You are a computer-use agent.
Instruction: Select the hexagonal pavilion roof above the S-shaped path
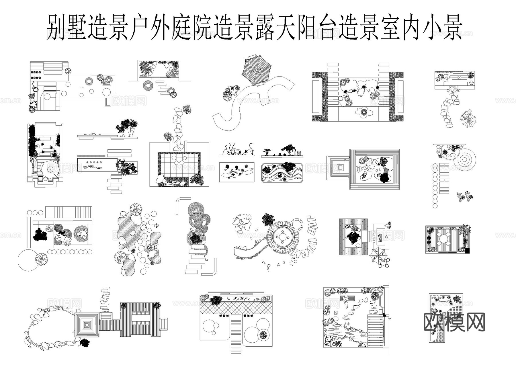click(x=257, y=71)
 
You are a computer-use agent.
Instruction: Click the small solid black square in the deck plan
click(x=467, y=251)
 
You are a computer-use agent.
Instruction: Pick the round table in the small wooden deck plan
click(x=443, y=239)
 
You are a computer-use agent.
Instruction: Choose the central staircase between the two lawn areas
click(x=236, y=330)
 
